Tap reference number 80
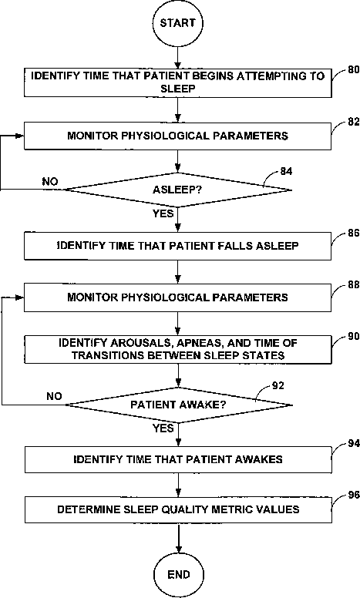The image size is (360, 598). coord(354,70)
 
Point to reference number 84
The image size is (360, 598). coord(286,171)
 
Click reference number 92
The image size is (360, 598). coord(278,385)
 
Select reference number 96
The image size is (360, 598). coord(354,495)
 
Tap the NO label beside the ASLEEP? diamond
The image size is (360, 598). coord(50,182)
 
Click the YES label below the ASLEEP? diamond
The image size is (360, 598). coord(163,213)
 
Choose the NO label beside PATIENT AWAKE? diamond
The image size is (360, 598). coord(54,396)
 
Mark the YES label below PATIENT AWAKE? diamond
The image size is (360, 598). coord(163,428)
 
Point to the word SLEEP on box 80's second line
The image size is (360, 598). coord(178,89)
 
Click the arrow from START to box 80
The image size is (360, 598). coord(177,58)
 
